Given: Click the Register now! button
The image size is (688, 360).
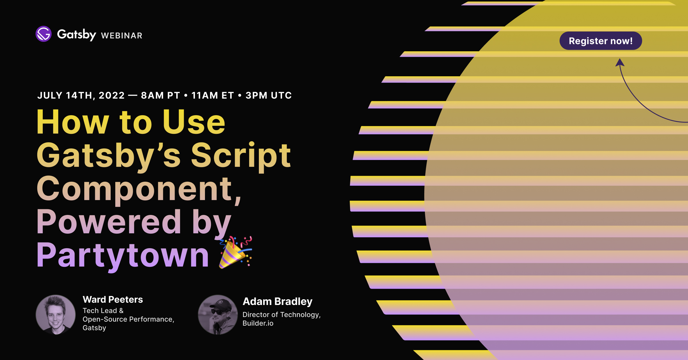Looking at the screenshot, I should pos(601,41).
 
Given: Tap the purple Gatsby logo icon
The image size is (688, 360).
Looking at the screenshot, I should pos(44,34).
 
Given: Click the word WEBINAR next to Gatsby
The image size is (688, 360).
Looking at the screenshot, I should pos(122,36).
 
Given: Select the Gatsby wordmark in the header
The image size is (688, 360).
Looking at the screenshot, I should pos(76,34).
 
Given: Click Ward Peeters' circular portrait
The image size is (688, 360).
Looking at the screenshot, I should pos(56,314).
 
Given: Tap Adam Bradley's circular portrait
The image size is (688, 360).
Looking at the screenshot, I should pos(218,314).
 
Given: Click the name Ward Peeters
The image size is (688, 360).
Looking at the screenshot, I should pos(113,300).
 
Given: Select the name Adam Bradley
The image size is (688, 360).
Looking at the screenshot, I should pos(277,302).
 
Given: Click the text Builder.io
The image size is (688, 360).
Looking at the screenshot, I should pos(258,323).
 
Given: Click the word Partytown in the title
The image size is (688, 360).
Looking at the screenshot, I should pos(123,255).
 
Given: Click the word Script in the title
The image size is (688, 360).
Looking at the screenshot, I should pos(241,156).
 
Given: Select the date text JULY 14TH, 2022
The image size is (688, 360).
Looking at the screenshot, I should pos(81,95).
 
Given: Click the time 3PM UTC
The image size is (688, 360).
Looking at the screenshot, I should pos(269,95).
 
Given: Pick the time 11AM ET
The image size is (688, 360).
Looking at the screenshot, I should pos(213,95).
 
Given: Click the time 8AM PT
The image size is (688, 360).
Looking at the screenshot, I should pos(161,95).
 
